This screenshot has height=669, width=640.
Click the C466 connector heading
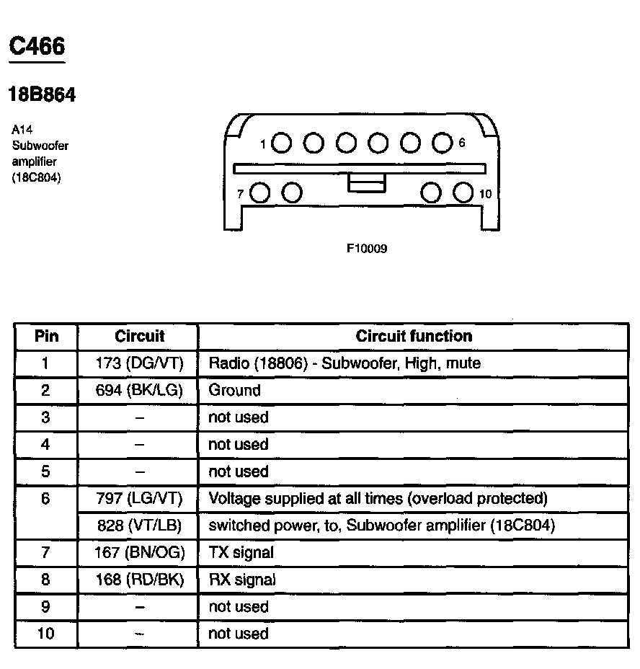[x=36, y=46]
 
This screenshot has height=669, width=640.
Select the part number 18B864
[x=42, y=94]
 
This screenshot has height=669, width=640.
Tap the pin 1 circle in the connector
[x=282, y=143]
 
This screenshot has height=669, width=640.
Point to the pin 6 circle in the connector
[x=442, y=143]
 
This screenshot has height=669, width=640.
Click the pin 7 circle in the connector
[x=260, y=193]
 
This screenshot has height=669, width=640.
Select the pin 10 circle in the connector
[x=463, y=193]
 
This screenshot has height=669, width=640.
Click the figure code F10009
[x=367, y=249]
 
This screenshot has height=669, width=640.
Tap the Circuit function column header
[x=414, y=336]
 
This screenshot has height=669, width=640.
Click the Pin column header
[x=46, y=336]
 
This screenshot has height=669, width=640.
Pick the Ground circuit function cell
[x=234, y=391]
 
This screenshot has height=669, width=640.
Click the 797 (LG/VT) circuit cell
[x=139, y=498]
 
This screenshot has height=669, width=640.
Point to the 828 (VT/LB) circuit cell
[x=139, y=526]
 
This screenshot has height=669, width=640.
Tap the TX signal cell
[x=241, y=553]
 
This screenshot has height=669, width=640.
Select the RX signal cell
[x=241, y=580]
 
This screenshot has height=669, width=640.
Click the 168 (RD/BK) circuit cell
[x=139, y=580]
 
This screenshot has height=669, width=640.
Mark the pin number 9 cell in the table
[x=46, y=607]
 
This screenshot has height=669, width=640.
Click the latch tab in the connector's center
[x=367, y=183]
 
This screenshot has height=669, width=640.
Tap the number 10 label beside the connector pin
[x=485, y=194]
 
